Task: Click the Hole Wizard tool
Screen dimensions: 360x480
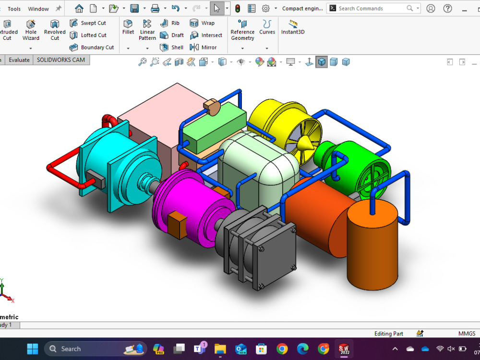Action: coord(31,30)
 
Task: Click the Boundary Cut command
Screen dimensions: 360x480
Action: coord(92,48)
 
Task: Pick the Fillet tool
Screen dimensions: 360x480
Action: coord(128,27)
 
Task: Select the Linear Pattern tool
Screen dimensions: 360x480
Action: coord(147,30)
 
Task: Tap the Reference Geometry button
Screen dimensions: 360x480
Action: coord(242,30)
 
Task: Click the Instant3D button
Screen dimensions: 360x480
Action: coord(293,27)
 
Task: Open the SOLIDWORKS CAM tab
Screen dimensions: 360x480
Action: coord(61,60)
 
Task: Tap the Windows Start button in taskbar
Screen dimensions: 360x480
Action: coord(33,349)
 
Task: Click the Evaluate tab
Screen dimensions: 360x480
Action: coord(19,60)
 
